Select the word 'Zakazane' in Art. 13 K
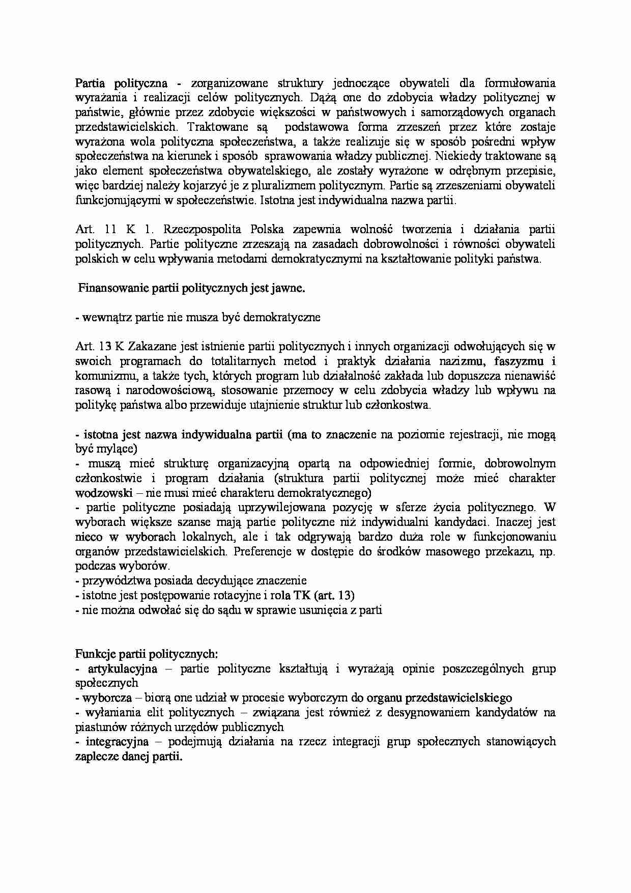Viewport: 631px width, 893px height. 152,347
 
